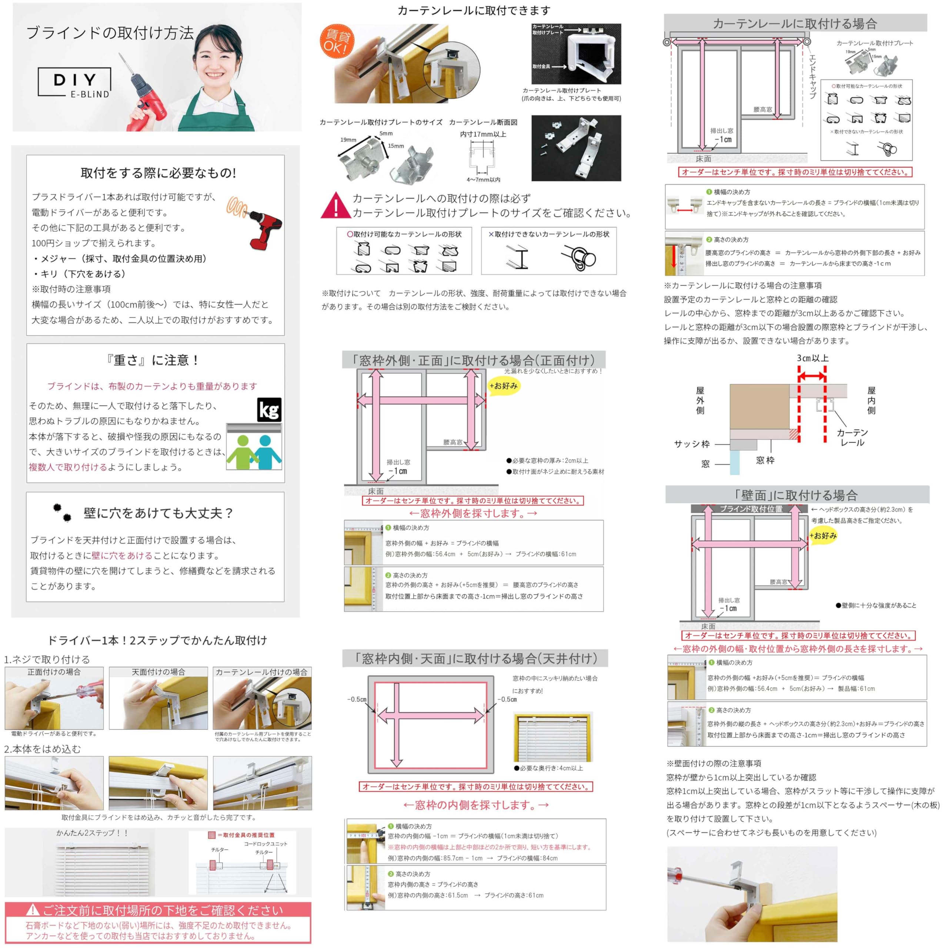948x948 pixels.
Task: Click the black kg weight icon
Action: (269, 410)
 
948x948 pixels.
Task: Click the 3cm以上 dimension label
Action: (812, 358)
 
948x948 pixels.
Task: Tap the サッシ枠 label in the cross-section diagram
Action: (691, 444)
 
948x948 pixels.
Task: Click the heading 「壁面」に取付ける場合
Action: (797, 495)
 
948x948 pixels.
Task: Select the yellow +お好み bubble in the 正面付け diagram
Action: (504, 385)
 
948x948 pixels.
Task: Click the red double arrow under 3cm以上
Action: (812, 376)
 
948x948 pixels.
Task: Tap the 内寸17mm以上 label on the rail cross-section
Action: (483, 134)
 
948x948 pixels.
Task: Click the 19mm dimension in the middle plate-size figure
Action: (348, 140)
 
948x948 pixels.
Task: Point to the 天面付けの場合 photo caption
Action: (158, 672)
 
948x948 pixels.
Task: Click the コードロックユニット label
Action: (266, 844)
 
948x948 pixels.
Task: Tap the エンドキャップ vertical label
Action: (812, 76)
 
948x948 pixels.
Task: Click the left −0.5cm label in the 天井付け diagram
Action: (357, 699)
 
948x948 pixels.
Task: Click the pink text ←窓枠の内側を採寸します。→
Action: (475, 805)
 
